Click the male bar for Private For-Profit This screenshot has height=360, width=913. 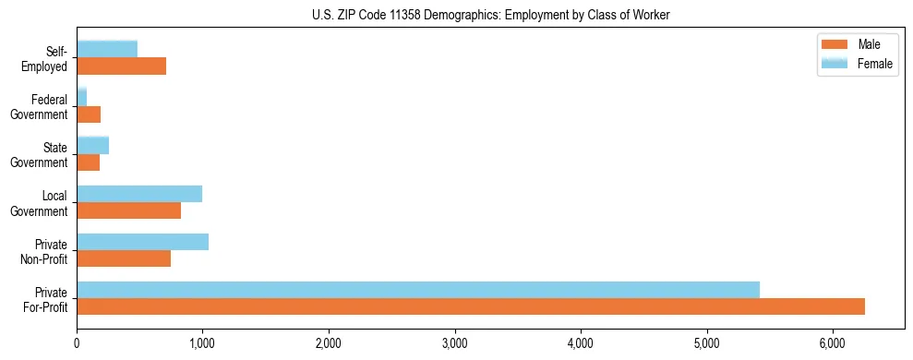coord(471,306)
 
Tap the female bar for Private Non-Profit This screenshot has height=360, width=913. coord(142,242)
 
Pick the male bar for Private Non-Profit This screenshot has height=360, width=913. coord(124,258)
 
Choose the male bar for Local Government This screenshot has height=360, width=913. coord(128,210)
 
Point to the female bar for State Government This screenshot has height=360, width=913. coord(92,145)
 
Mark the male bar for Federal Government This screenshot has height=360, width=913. coord(89,114)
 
